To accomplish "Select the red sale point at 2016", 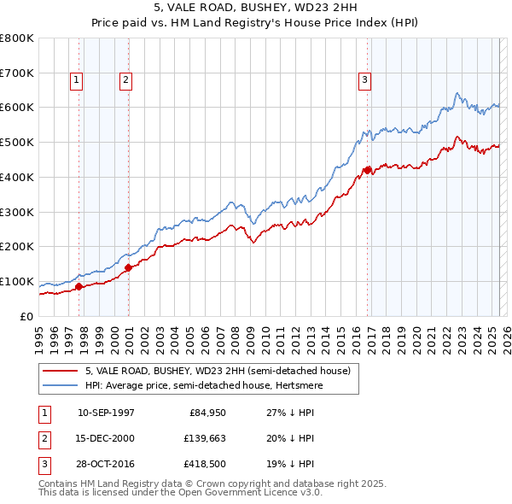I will [367, 170].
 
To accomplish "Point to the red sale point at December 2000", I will [128, 267].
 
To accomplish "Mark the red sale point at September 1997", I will [79, 286].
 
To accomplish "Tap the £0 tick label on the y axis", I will [26, 316].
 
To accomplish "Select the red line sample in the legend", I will [61, 371].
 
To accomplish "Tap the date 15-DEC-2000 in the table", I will [106, 438].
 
